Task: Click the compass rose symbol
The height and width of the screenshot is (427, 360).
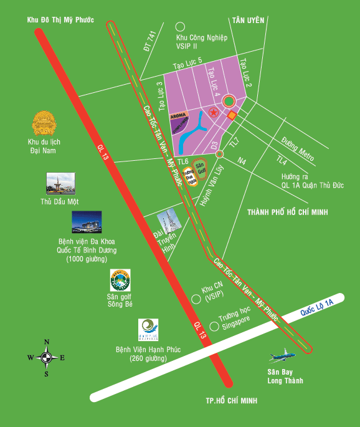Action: tap(46, 357)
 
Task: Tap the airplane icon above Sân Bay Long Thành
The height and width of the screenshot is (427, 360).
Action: tap(283, 357)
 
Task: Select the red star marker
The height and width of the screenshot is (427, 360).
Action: tap(213, 113)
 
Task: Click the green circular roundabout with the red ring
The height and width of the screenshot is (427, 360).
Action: tap(229, 100)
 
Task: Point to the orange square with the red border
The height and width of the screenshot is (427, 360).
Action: tap(232, 115)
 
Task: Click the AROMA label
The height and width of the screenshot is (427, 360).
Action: tap(179, 116)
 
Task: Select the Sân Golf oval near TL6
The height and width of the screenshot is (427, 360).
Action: tap(201, 169)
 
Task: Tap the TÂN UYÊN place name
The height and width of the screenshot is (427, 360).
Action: tap(248, 20)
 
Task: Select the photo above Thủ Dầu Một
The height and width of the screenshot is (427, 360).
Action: tap(57, 183)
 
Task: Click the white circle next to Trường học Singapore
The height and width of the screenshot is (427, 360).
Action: tap(214, 325)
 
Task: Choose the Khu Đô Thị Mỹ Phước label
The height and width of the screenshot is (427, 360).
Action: tap(60, 21)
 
